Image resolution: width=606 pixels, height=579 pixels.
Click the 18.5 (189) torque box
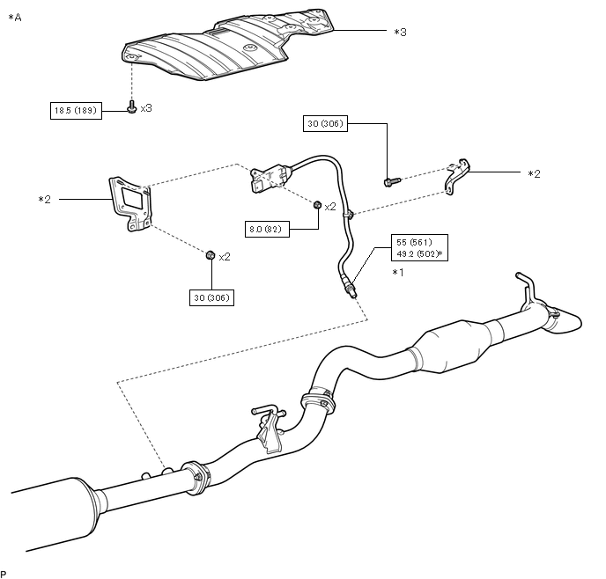(76, 111)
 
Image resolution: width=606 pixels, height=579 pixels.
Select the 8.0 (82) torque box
(267, 230)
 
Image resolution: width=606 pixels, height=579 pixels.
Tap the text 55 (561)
(414, 242)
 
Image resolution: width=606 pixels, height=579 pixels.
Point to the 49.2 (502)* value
(419, 254)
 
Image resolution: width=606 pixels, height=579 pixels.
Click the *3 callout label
(401, 32)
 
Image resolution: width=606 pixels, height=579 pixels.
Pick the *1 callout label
(398, 273)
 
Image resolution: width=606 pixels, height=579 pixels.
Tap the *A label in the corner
(15, 18)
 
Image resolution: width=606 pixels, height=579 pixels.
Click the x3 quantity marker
(146, 108)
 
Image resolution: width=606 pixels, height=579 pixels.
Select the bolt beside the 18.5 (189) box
(132, 107)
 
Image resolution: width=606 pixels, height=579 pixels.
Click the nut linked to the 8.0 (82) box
(317, 204)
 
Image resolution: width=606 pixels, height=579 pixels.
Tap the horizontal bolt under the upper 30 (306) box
(392, 181)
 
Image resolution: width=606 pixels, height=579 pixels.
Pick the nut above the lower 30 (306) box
(211, 255)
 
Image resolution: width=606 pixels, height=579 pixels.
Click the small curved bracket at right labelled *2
(457, 176)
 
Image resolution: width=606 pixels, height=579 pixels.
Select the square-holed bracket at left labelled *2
(129, 203)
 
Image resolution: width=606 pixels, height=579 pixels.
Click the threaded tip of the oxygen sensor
(352, 293)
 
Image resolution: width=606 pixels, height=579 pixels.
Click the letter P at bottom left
(4, 574)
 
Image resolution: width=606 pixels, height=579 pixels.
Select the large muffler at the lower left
(54, 513)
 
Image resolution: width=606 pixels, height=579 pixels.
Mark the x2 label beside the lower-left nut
(225, 257)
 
